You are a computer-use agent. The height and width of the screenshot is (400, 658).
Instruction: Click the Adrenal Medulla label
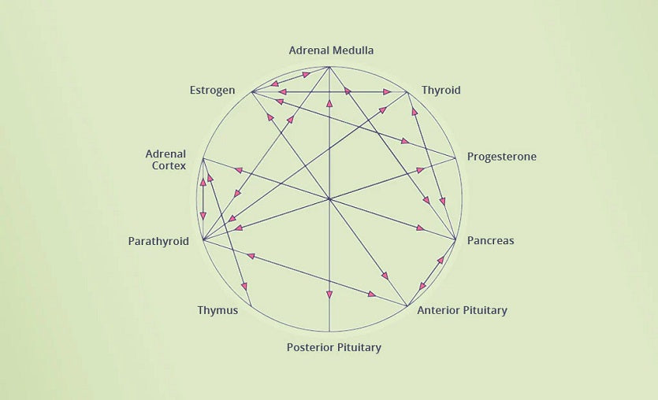click(331, 50)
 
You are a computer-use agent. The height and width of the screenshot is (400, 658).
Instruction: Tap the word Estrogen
click(212, 90)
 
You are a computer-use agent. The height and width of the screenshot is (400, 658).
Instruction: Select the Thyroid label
click(441, 90)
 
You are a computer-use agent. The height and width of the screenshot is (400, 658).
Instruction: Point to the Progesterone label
click(501, 157)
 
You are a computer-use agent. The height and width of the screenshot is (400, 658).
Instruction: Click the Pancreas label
click(490, 240)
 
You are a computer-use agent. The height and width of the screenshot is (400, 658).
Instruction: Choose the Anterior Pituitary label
click(462, 310)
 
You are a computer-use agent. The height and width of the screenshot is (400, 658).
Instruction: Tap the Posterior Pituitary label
click(333, 347)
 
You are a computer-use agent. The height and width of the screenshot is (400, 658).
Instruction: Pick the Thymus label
click(217, 310)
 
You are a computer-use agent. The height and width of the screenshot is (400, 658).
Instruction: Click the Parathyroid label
click(158, 241)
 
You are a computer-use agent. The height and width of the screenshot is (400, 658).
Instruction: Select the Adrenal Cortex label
click(165, 160)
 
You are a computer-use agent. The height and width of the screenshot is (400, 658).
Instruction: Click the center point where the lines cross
click(329, 199)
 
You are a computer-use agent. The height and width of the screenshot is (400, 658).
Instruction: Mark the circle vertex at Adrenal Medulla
click(329, 67)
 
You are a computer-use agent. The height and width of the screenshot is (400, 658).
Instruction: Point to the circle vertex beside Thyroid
click(407, 92)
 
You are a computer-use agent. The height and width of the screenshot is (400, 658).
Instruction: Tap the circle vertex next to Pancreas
click(455, 239)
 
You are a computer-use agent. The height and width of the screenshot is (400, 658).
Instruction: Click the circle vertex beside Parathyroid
click(203, 239)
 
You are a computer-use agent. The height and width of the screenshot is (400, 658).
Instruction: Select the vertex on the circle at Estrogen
click(251, 92)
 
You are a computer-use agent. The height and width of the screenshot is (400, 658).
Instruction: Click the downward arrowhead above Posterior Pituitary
click(329, 295)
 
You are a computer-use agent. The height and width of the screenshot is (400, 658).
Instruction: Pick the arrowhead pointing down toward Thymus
click(244, 287)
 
